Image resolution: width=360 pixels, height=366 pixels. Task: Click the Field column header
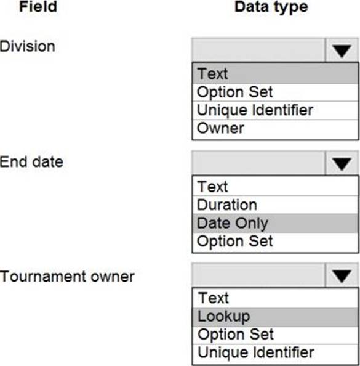tap(38, 7)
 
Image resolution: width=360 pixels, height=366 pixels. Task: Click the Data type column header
tap(271, 7)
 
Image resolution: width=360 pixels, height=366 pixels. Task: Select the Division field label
tap(28, 46)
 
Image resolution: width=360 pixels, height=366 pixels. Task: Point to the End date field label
tap(31, 162)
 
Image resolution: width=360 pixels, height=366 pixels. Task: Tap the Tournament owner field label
tap(67, 277)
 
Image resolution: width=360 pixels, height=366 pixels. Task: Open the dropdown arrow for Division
tap(342, 51)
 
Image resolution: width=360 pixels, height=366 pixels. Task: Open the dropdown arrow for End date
tap(342, 163)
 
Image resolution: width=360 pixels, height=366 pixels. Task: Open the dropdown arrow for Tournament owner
tap(342, 276)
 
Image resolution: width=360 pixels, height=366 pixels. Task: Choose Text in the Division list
tap(212, 74)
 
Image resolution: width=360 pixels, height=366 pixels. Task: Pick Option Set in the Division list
tap(235, 92)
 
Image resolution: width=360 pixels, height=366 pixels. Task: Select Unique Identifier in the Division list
tap(255, 110)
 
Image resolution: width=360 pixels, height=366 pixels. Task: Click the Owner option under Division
tap(220, 128)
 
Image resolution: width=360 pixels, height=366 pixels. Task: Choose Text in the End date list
tap(212, 187)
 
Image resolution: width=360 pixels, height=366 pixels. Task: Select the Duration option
tap(227, 205)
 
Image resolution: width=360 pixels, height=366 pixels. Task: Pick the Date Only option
tap(233, 224)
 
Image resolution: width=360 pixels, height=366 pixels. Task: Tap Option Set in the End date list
tap(235, 242)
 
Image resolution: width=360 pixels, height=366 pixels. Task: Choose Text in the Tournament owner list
tap(214, 298)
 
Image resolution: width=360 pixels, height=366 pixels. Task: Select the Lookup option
tap(223, 317)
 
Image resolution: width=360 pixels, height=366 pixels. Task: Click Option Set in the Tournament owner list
tap(236, 335)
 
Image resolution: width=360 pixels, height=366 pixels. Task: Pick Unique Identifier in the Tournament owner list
tap(256, 352)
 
